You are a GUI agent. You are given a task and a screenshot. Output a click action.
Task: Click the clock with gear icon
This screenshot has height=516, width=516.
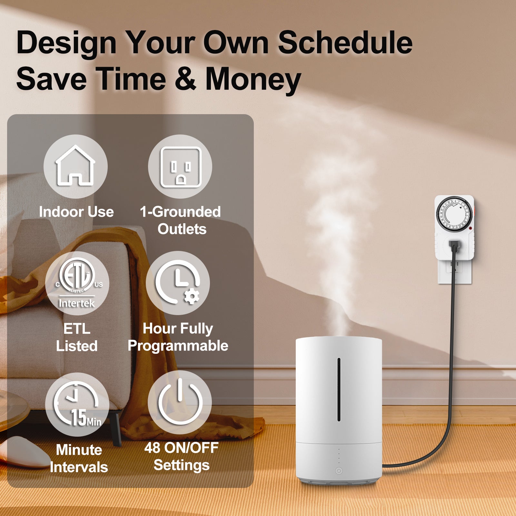click(177, 282)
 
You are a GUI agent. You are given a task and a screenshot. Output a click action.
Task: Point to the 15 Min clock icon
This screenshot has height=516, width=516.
click(77, 404)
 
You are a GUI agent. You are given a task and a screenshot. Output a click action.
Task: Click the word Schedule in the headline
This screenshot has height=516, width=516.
click(345, 43)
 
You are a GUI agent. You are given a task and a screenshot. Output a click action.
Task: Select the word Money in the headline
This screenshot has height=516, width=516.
click(253, 79)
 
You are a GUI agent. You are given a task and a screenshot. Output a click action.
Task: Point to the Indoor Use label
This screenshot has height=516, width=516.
click(76, 212)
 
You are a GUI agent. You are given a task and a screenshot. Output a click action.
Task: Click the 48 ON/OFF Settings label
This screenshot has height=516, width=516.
click(181, 456)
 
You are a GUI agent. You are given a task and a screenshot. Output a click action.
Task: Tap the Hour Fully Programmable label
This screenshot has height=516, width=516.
click(178, 337)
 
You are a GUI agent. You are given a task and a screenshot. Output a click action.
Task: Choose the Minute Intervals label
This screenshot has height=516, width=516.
click(79, 458)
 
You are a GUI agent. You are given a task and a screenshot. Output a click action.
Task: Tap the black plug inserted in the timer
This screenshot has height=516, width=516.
click(454, 247)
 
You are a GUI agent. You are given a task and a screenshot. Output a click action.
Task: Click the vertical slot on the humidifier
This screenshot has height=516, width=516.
click(339, 389)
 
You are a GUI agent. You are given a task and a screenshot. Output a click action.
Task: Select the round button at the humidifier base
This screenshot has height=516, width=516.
click(339, 471)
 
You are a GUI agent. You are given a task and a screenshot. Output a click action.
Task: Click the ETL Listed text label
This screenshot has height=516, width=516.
click(77, 337)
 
